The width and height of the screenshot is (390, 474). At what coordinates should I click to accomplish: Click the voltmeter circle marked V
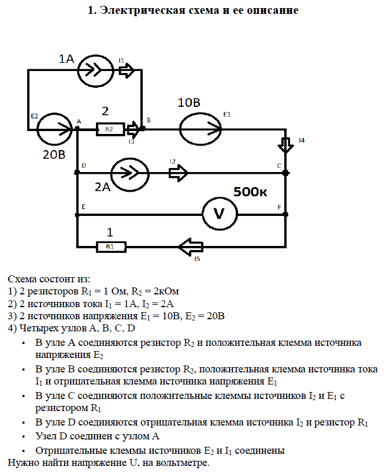pos(219,214)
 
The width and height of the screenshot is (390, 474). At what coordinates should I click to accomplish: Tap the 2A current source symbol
pos(129,172)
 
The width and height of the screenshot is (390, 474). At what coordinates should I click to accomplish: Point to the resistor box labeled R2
pos(110,129)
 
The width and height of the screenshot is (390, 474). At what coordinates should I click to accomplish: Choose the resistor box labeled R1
pos(110,247)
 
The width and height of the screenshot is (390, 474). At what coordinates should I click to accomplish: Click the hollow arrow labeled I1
pos(127,70)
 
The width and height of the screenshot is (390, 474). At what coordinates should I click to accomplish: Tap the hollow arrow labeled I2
pos(178,172)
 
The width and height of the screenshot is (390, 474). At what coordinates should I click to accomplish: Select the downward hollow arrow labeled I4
pos(285,145)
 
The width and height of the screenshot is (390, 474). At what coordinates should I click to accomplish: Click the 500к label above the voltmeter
pos(250,192)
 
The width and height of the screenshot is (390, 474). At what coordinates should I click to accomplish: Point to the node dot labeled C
pos(285,173)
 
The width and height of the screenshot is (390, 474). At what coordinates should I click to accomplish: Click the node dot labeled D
pos(77,173)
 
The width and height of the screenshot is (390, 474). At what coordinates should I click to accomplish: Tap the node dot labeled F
pos(285,214)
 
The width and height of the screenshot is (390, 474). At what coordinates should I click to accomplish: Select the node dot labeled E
pos(77,214)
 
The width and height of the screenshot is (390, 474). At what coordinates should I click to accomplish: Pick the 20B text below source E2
pos(54,155)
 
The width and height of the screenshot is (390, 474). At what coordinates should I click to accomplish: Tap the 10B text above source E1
pos(189,103)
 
